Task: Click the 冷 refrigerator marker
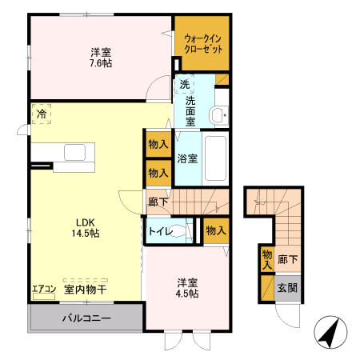pyautogui.click(x=41, y=114)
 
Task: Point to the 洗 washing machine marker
pyautogui.click(x=186, y=85)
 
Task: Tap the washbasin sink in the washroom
pyautogui.click(x=217, y=117)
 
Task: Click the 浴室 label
pyautogui.click(x=188, y=159)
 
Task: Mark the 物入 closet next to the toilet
pyautogui.click(x=215, y=230)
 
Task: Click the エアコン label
pyautogui.click(x=44, y=289)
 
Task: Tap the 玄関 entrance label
pyautogui.click(x=286, y=287)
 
